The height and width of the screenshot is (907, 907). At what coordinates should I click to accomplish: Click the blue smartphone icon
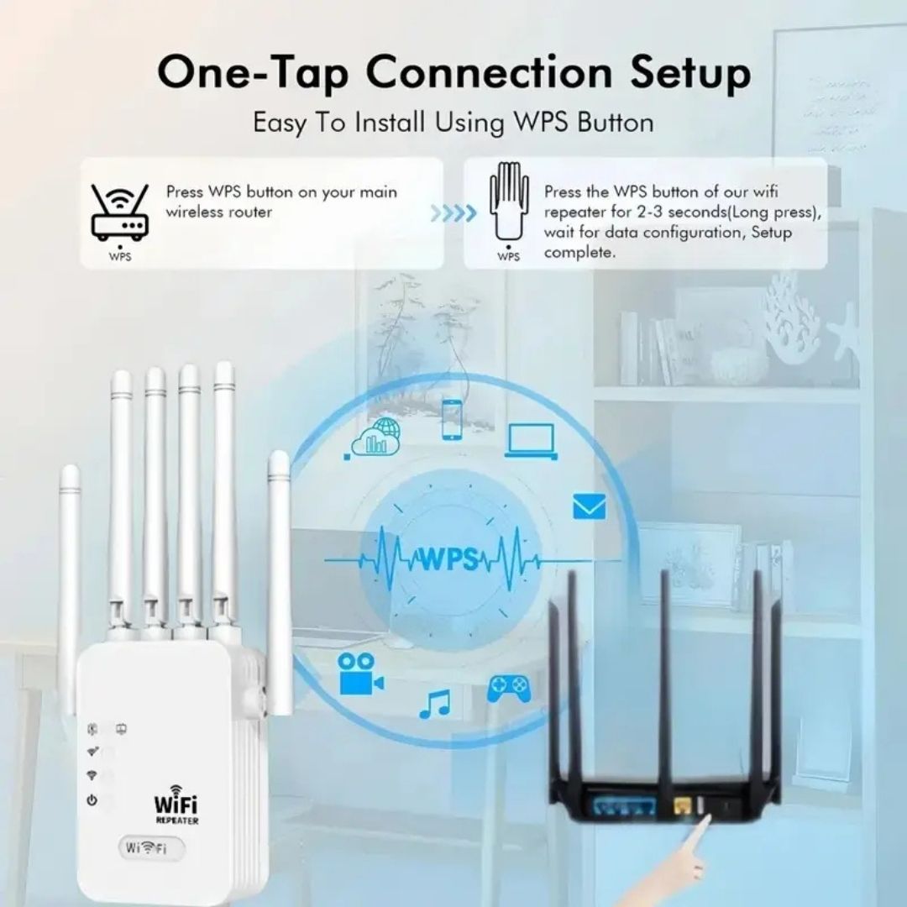[x=452, y=419]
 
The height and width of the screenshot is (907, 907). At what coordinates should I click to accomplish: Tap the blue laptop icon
[x=532, y=442]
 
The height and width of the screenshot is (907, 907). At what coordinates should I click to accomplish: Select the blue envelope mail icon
[x=590, y=507]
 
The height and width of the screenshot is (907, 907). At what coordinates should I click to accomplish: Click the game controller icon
[x=508, y=689]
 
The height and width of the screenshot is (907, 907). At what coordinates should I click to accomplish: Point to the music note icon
[x=434, y=705]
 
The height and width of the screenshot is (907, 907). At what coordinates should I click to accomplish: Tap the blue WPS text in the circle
[x=449, y=558]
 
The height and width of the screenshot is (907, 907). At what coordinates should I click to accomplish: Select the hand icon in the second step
[x=510, y=200]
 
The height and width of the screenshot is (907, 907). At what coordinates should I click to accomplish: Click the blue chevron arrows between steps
[x=453, y=213]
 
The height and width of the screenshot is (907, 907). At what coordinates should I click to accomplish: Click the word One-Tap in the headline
[x=253, y=73]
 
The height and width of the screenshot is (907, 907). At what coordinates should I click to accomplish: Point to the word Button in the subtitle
[x=616, y=123]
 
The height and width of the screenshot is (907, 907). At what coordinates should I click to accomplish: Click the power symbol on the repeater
[x=92, y=800]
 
